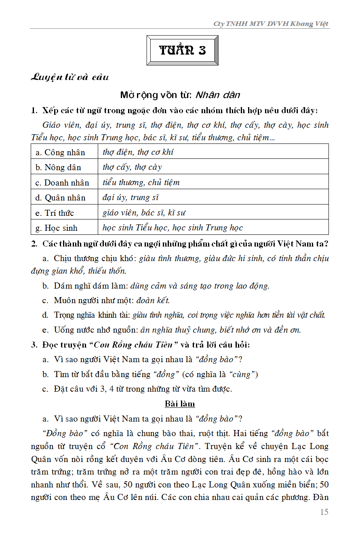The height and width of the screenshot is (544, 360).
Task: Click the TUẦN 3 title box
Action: coord(182,51)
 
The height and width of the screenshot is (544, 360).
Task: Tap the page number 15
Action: coord(324,512)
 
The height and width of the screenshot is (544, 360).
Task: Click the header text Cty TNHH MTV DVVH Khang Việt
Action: coord(271,24)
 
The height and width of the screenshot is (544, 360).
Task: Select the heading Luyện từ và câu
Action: coord(70,77)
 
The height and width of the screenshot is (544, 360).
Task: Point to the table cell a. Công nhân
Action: coord(61,152)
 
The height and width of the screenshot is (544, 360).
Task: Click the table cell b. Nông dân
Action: coord(59,167)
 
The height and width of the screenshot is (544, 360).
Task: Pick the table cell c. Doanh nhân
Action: coord(63,183)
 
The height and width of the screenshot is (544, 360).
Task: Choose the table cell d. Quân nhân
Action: coord(61,198)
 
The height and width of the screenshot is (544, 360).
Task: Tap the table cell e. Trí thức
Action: coord(55,213)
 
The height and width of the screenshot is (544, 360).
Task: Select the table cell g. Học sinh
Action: coord(57,228)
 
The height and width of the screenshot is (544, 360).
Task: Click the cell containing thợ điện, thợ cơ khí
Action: coord(138,152)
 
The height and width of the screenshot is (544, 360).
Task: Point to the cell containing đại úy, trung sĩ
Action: coord(131,198)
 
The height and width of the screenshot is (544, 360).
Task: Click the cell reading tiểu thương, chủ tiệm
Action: coord(141,182)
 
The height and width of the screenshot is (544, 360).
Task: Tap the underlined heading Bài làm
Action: coord(180,404)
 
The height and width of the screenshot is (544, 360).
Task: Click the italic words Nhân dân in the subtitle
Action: coord(218,95)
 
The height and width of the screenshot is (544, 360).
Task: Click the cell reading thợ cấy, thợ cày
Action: coord(132,167)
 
